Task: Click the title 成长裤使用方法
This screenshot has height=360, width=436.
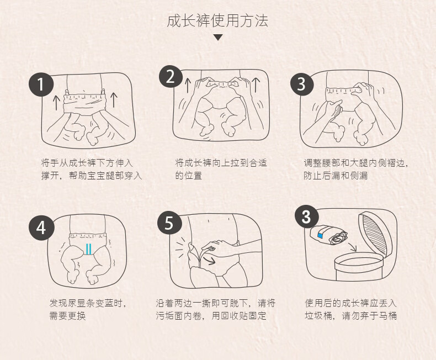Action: (x=217, y=21)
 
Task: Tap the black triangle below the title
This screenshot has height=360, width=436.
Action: (x=218, y=38)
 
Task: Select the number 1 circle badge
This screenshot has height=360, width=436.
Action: (x=41, y=84)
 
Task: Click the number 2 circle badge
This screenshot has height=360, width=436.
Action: (x=171, y=77)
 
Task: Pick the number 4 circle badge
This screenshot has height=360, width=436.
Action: (x=41, y=228)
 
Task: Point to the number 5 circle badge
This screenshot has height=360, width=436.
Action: (x=169, y=223)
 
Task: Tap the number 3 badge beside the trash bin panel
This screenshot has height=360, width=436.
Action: (x=306, y=216)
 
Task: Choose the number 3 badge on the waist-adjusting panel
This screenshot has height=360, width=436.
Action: (x=302, y=84)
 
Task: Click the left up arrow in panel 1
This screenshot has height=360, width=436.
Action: (x=56, y=103)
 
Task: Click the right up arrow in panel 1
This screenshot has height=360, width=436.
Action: (x=114, y=100)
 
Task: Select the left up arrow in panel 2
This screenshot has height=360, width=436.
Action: (x=188, y=86)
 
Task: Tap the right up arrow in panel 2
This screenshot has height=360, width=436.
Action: (x=256, y=85)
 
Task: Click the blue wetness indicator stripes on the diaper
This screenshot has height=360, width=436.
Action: (x=88, y=249)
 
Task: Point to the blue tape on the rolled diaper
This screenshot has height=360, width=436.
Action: (x=320, y=236)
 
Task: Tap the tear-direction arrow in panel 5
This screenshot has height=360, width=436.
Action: (x=209, y=260)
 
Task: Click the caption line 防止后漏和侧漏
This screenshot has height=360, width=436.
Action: (x=336, y=176)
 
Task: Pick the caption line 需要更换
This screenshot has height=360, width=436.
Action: (x=67, y=316)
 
